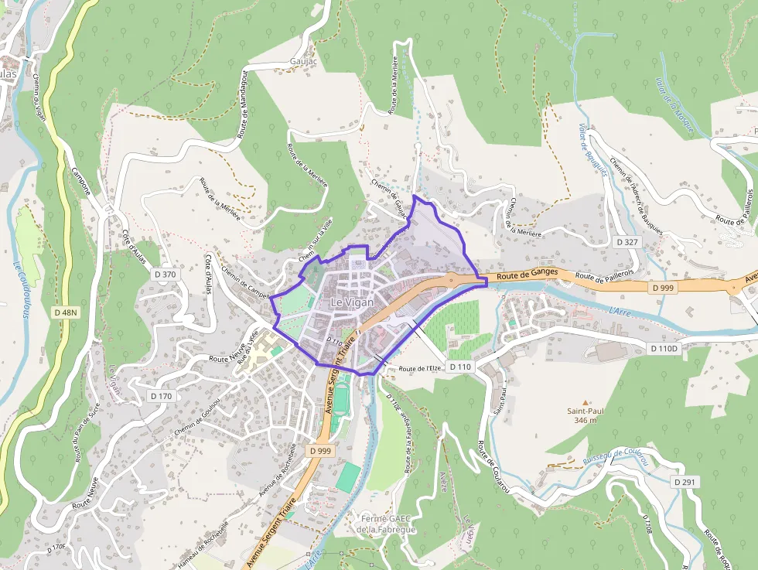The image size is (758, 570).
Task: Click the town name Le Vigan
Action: (351, 302)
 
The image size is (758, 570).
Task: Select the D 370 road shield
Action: (165, 274)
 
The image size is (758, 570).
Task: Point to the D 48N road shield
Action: (66, 312)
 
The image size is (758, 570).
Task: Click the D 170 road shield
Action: (162, 396)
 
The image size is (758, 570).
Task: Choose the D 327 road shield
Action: (627, 242)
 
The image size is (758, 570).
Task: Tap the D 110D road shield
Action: (664, 349)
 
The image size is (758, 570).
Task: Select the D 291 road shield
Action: (685, 482)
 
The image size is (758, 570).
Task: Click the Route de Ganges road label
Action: (528, 275)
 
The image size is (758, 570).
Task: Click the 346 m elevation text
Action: (586, 421)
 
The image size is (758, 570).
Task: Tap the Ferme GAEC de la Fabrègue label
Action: (386, 524)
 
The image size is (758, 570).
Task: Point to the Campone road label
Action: (80, 181)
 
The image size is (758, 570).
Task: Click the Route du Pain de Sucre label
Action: (86, 436)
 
